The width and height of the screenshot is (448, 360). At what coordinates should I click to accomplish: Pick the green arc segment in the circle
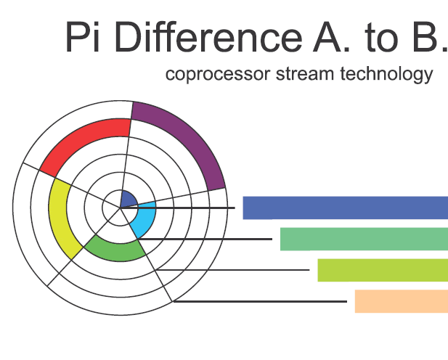click(x=114, y=251)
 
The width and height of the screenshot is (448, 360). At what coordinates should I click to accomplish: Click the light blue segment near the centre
click(x=146, y=220)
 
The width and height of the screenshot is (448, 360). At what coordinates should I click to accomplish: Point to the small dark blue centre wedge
click(x=128, y=200)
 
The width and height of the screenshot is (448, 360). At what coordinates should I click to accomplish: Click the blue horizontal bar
click(x=346, y=208)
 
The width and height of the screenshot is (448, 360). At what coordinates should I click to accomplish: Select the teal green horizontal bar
click(x=364, y=239)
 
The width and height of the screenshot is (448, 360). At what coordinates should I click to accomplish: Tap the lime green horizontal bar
click(x=383, y=270)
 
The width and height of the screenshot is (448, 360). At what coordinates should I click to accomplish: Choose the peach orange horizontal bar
click(x=402, y=301)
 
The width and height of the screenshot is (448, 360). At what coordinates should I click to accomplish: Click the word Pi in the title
click(x=83, y=37)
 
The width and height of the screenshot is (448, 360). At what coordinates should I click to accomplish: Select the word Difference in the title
click(x=208, y=37)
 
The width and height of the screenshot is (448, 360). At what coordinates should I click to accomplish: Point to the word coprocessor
click(x=218, y=74)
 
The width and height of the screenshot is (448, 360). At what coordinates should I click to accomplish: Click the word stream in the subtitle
click(x=305, y=74)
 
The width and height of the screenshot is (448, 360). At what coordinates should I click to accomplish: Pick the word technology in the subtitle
click(x=386, y=74)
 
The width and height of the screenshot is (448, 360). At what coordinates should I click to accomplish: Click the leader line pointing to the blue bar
click(x=178, y=208)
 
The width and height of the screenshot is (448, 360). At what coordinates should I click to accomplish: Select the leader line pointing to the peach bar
click(x=260, y=301)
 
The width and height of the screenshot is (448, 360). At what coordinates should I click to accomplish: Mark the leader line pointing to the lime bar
click(x=232, y=270)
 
